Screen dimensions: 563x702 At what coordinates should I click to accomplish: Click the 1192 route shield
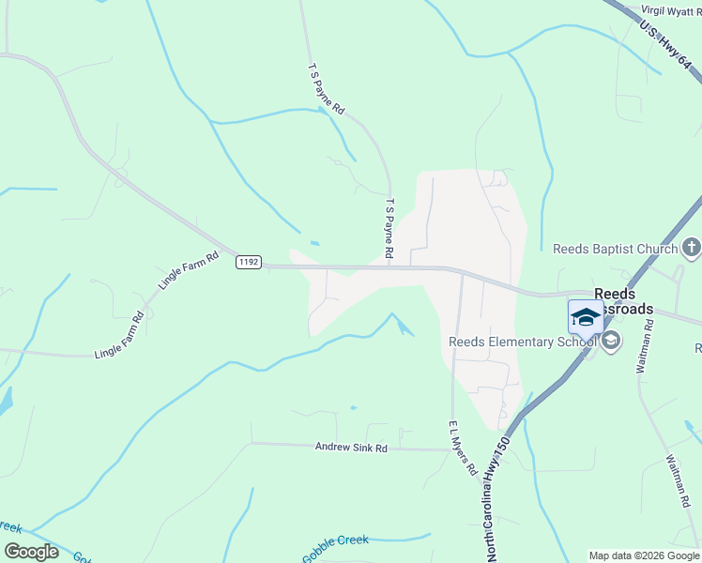[x=248, y=263]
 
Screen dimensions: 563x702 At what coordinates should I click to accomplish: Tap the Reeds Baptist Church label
[x=615, y=249]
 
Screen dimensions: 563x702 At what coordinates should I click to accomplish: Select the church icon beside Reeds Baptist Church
[x=691, y=248]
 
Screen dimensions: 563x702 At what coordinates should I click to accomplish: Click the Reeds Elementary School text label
[x=523, y=342]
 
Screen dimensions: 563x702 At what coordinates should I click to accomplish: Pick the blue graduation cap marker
[x=586, y=316]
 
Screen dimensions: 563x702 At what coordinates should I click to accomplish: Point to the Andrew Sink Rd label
[x=351, y=449]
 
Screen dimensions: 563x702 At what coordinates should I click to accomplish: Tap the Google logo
[x=31, y=552]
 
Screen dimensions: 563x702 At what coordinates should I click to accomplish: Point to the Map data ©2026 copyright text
[x=644, y=555]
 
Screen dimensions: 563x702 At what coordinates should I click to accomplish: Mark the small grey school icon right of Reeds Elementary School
[x=611, y=342]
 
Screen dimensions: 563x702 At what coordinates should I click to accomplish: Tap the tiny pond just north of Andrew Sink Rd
[x=353, y=407]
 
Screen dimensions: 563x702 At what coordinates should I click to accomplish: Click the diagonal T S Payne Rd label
[x=327, y=90]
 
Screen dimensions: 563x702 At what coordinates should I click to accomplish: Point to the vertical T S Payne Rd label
[x=388, y=228]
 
